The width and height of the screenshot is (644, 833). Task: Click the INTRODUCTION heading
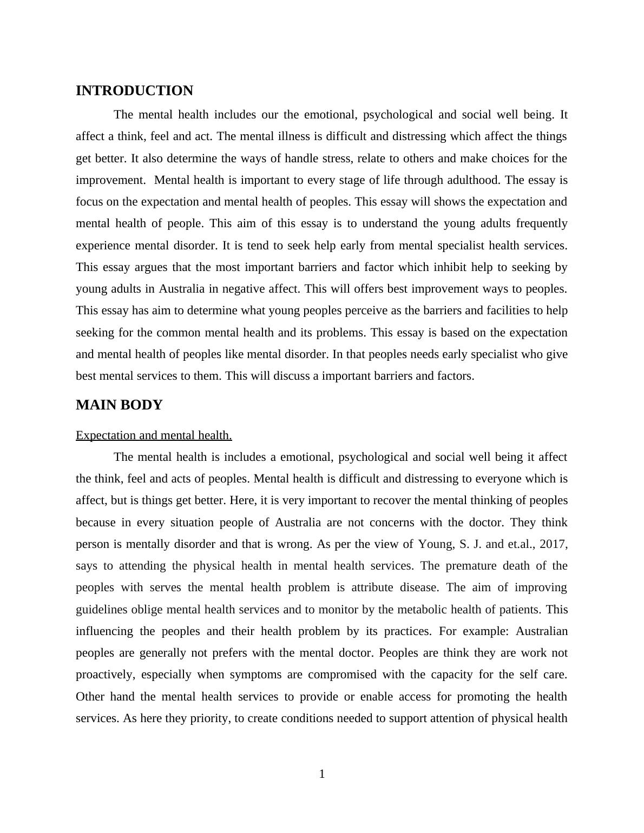point(134,91)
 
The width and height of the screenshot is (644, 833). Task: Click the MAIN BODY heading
point(119,405)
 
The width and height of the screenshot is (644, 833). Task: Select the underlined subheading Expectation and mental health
point(154,435)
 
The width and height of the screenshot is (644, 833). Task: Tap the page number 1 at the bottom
point(322,774)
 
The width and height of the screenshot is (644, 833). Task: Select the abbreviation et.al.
point(520,544)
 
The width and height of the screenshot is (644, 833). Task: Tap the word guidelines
point(102,610)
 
